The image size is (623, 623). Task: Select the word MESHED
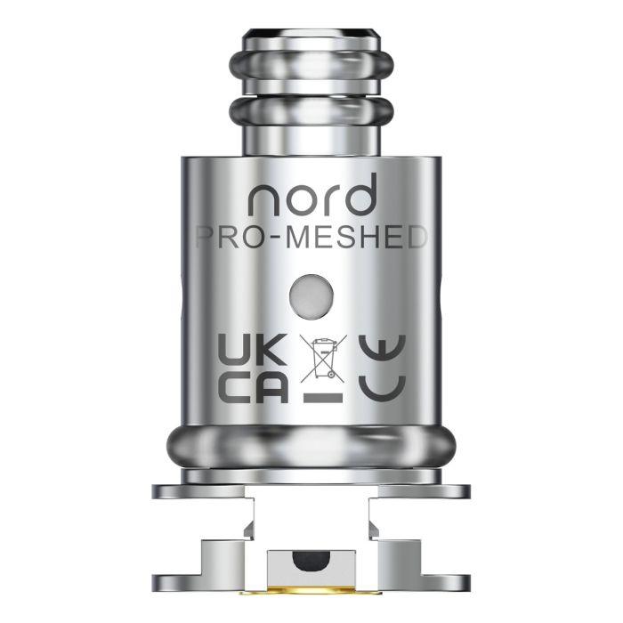[x=366, y=238]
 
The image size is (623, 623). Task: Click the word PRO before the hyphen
[x=231, y=238]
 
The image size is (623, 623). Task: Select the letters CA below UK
[x=253, y=388]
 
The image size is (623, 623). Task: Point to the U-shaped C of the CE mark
[x=381, y=388]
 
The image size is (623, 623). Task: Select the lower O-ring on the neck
[x=311, y=112]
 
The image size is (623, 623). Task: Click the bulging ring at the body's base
[x=311, y=445]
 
